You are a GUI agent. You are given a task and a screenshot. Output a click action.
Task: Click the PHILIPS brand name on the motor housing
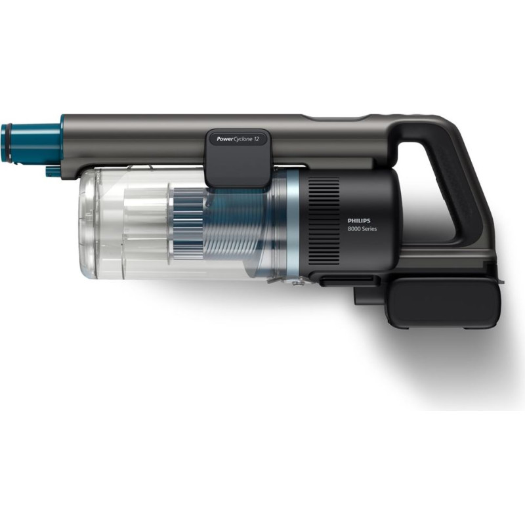pos(358,220)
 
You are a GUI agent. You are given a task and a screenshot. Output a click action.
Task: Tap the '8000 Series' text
pos(362,229)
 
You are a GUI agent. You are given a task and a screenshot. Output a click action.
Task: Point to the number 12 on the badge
pos(256,139)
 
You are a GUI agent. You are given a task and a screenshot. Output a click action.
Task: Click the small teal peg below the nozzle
pos(53,171)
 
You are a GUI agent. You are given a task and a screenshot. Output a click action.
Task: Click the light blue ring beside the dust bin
pos(292,224)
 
